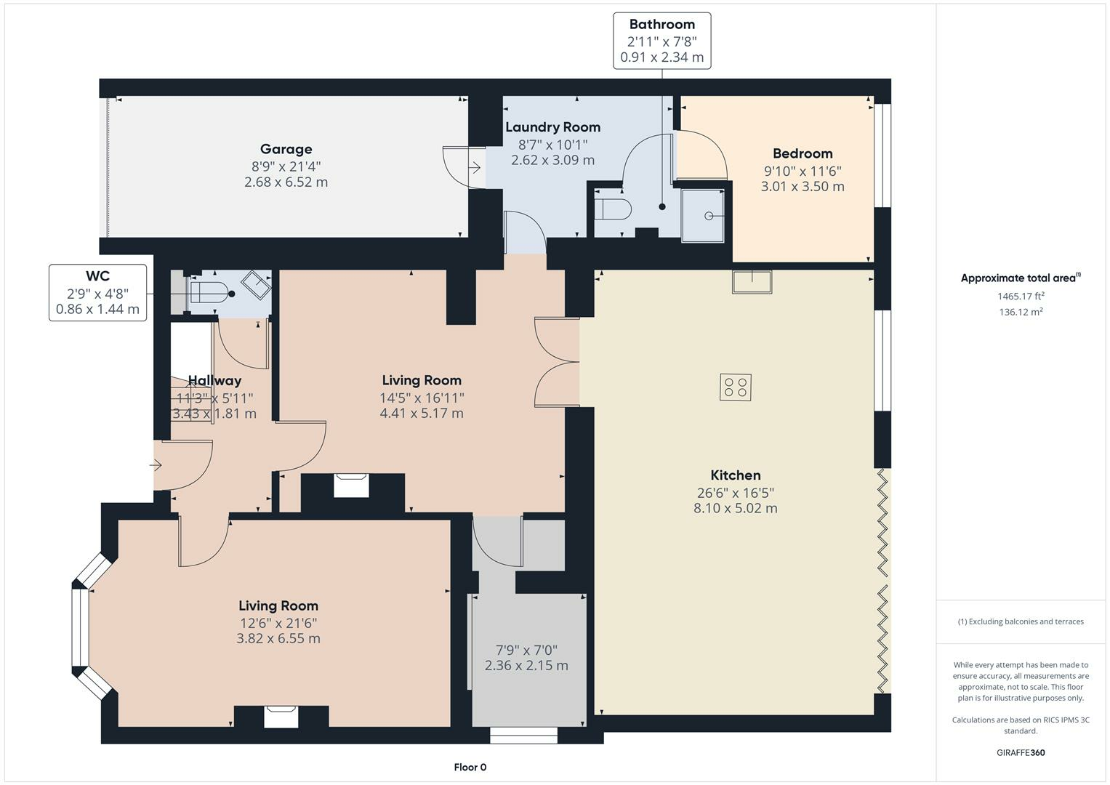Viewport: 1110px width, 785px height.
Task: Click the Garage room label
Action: [x=286, y=149]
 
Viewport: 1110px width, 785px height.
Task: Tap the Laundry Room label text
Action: [x=552, y=127]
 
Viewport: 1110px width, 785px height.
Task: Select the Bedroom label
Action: [x=803, y=153]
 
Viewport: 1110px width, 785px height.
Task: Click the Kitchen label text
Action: [x=736, y=475]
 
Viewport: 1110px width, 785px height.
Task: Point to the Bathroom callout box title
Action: [x=662, y=24]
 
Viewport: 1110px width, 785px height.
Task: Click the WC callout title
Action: [x=97, y=276]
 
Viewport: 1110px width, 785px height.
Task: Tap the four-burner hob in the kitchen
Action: [x=736, y=387]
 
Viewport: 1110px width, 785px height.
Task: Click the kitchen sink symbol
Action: [x=752, y=281]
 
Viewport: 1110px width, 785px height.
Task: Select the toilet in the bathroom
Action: [x=613, y=209]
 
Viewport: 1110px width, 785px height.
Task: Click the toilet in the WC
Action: [x=208, y=292]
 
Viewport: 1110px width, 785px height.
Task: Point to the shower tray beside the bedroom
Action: [x=703, y=216]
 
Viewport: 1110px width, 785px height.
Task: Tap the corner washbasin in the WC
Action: [x=256, y=284]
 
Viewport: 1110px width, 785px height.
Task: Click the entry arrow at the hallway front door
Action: [x=156, y=465]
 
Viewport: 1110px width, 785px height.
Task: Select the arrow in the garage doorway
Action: [x=474, y=168]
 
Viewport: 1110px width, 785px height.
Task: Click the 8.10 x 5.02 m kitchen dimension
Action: [x=736, y=508]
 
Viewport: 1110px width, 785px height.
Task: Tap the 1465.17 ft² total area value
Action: [x=1021, y=297]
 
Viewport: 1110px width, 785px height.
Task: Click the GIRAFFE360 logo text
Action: [x=1021, y=752]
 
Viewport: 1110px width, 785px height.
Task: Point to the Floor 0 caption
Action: [x=470, y=767]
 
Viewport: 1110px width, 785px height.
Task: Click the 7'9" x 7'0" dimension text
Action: [x=526, y=651]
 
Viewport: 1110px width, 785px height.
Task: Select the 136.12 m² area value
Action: [x=1021, y=313]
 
